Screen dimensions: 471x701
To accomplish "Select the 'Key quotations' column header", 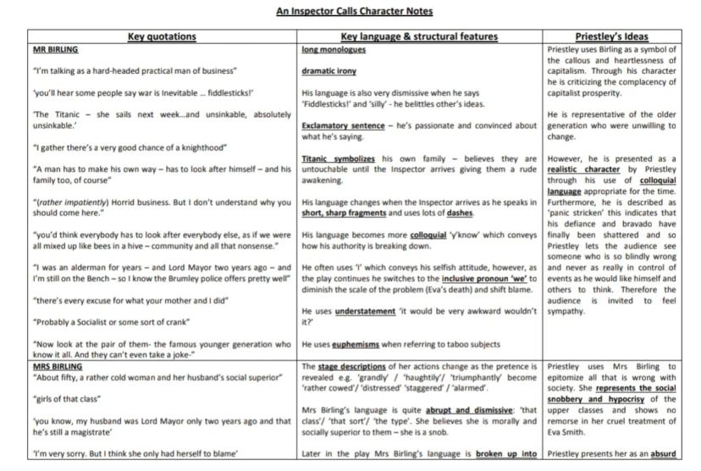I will pyautogui.click(x=162, y=37).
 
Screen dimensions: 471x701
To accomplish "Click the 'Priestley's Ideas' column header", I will pyautogui.click(x=611, y=37).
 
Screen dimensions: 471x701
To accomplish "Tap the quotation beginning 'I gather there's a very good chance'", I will pyautogui.click(x=117, y=147).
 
